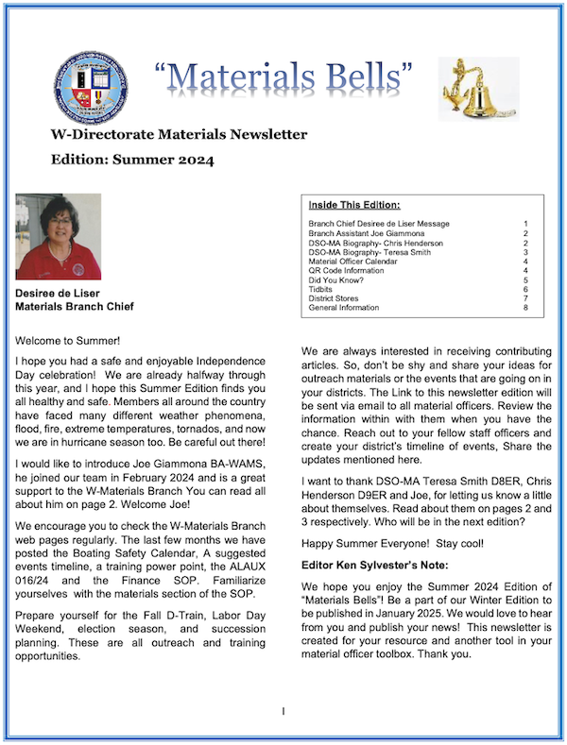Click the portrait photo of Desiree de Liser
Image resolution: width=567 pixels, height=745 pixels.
59,237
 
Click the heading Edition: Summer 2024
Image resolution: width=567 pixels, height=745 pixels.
132,160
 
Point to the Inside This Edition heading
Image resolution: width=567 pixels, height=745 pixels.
354,204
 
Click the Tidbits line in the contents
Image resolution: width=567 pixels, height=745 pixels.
321,289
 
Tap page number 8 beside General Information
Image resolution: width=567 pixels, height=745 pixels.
524,308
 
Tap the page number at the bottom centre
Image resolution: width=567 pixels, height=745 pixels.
283,710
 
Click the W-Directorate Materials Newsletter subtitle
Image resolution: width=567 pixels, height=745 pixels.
179,135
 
